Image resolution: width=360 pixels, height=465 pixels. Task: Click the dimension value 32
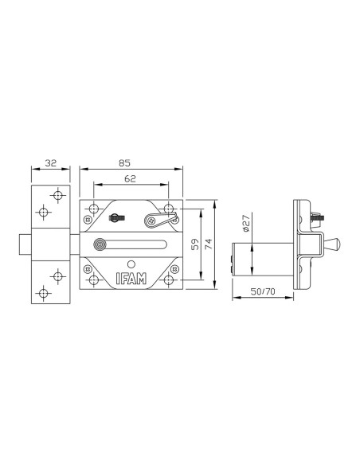49,162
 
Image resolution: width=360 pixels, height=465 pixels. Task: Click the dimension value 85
124,162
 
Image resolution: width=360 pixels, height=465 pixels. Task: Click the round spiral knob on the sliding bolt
100,245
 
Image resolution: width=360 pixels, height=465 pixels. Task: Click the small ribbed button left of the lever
118,217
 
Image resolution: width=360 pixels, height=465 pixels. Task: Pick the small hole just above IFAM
131,263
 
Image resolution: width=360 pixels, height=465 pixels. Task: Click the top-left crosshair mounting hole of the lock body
94,210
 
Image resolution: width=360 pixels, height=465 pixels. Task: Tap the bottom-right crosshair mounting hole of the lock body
169,279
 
